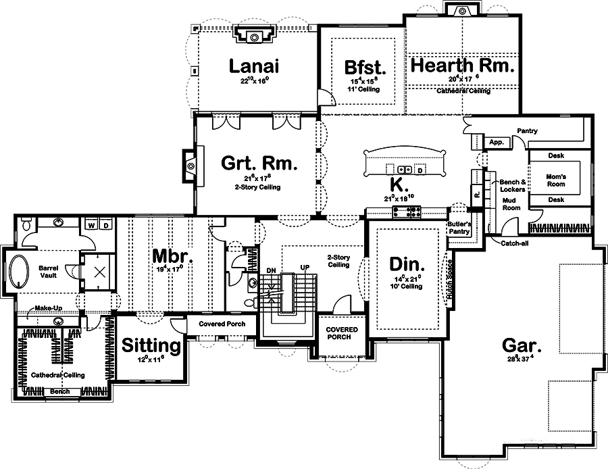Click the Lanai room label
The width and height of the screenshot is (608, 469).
(253, 66)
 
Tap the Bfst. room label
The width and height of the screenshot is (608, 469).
(364, 68)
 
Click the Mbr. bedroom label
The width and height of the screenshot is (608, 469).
(172, 257)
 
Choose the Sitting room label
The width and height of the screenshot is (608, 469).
(151, 345)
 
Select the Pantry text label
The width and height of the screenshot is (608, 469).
(526, 131)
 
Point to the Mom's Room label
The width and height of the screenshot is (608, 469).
(555, 180)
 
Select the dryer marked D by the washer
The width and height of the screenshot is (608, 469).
(106, 225)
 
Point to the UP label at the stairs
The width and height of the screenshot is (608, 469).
(305, 269)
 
